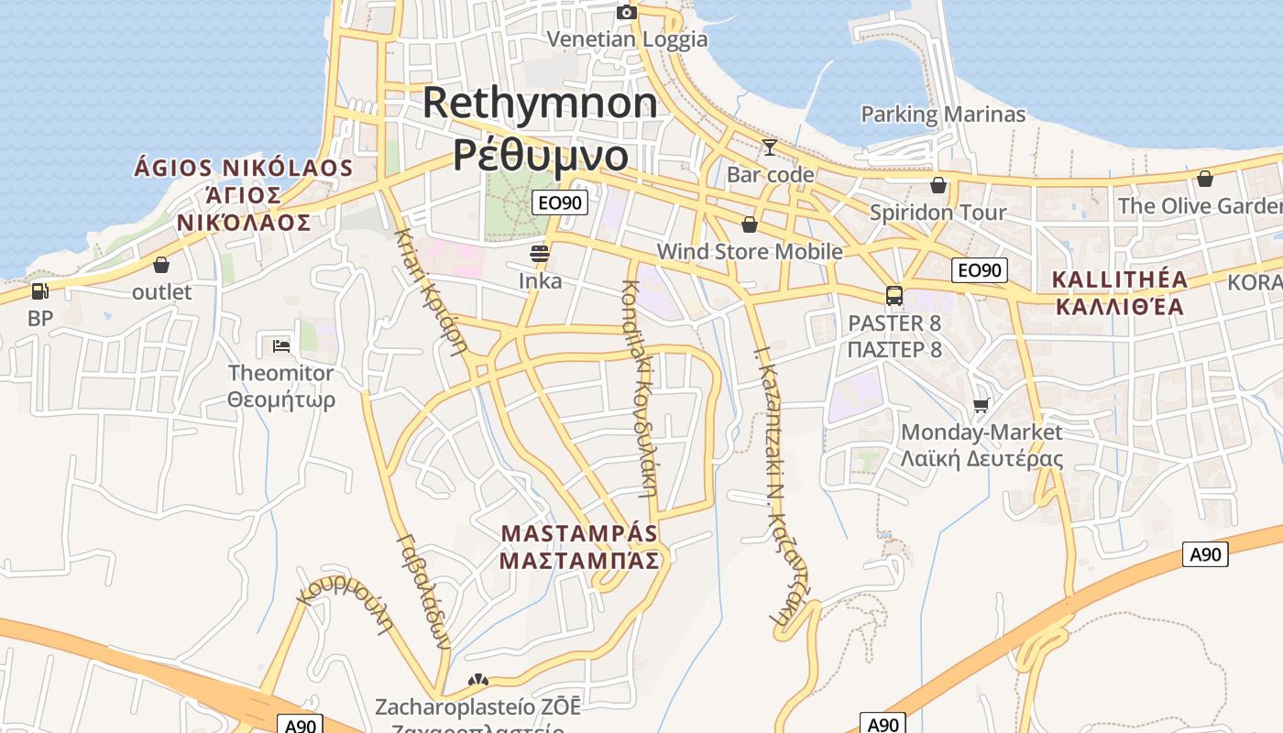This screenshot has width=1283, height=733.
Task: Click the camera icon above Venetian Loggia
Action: coord(627,12)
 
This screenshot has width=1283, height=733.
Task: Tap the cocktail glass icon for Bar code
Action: coord(769,147)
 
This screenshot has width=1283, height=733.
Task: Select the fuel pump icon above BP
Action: coord(39,291)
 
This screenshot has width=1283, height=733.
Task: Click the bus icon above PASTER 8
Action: coord(894,296)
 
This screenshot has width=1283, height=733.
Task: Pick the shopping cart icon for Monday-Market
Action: coord(981,405)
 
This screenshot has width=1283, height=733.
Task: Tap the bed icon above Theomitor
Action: coord(281,345)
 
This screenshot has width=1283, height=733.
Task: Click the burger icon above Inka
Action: coord(540,253)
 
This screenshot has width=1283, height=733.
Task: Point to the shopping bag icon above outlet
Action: coord(161,265)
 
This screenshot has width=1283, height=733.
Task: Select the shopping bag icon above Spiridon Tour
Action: coord(938,185)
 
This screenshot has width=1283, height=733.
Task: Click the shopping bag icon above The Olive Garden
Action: coord(1204,178)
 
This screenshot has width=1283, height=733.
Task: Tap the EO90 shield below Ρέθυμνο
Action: coord(559,202)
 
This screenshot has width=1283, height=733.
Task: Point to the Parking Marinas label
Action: coord(943,115)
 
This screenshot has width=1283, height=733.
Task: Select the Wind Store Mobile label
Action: coord(750,251)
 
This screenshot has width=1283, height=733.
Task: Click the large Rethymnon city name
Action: coord(540,103)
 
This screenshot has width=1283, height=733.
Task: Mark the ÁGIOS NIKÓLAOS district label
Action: coord(244,168)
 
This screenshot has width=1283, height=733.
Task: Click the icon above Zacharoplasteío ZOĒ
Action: coord(477,681)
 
